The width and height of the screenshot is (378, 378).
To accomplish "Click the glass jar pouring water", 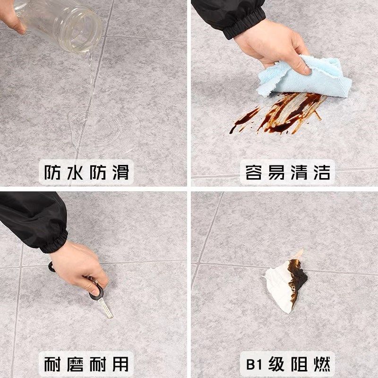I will click(x=61, y=21).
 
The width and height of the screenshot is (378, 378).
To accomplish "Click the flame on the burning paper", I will click(x=298, y=255).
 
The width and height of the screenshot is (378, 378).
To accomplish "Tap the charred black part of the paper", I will click(x=298, y=279).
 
